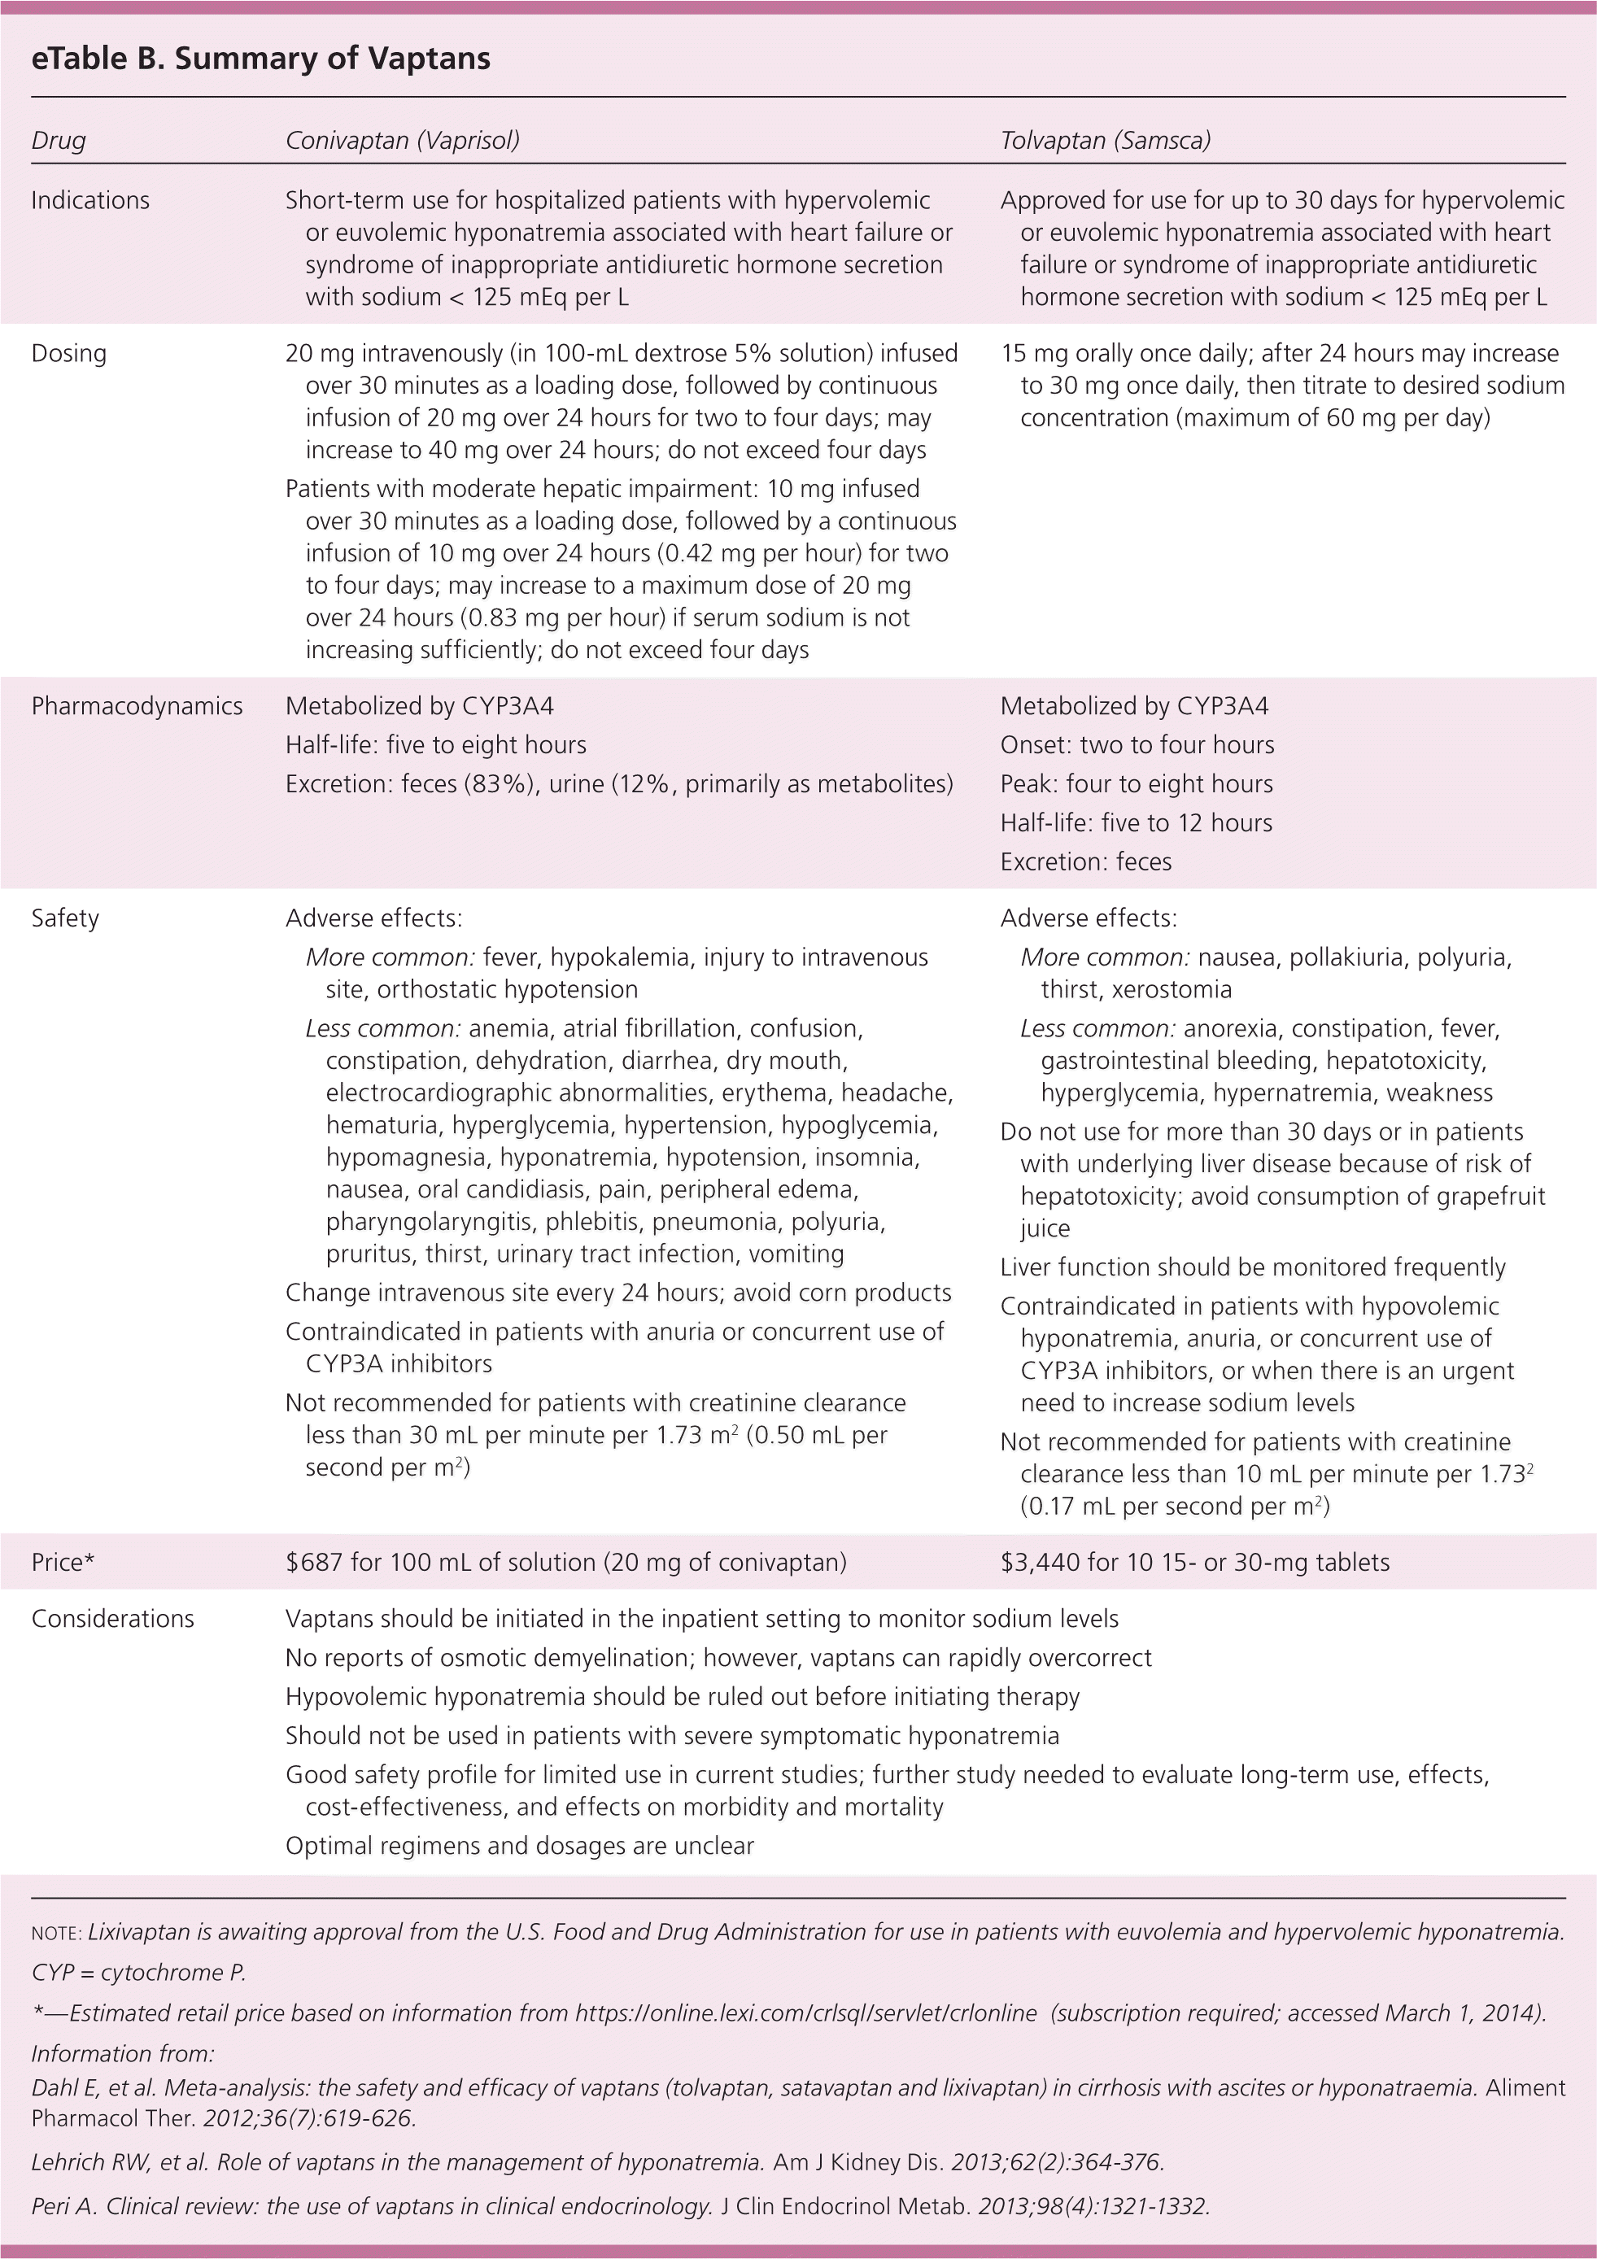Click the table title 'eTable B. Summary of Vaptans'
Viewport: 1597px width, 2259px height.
pyautogui.click(x=261, y=59)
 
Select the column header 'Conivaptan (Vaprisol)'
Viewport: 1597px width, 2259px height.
pyautogui.click(x=403, y=141)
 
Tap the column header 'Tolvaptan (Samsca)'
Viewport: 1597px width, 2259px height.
pyautogui.click(x=1105, y=141)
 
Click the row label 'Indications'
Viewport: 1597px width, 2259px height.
pyautogui.click(x=90, y=201)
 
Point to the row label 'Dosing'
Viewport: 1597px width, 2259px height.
pyautogui.click(x=69, y=353)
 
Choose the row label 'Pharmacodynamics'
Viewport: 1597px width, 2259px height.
pyautogui.click(x=137, y=706)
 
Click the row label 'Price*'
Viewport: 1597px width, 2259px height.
pyautogui.click(x=63, y=1563)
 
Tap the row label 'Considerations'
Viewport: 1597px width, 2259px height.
pyautogui.click(x=113, y=1619)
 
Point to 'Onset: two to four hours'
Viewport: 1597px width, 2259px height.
pyautogui.click(x=1137, y=745)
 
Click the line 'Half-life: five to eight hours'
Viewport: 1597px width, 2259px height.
pyautogui.click(x=436, y=745)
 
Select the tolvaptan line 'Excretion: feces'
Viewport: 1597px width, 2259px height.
pyautogui.click(x=1085, y=862)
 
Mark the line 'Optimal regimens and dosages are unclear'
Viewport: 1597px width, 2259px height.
pyautogui.click(x=520, y=1846)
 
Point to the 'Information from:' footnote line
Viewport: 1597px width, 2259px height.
pyautogui.click(x=123, y=2053)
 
